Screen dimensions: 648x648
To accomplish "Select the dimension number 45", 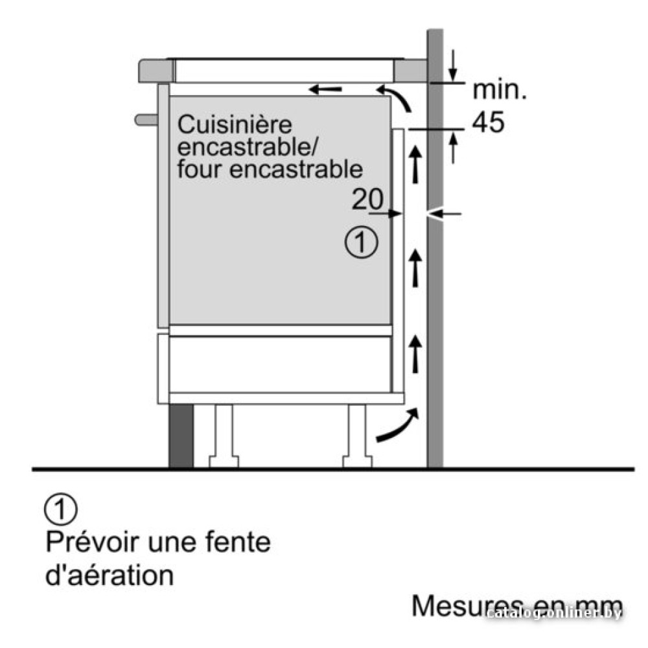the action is [489, 122].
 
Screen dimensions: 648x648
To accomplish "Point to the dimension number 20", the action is [367, 199].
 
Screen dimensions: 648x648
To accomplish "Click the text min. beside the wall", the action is [500, 90].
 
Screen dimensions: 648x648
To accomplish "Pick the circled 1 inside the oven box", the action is [361, 242].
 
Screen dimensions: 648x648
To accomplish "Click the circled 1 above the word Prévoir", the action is [61, 509].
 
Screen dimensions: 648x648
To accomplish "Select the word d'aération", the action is [110, 575].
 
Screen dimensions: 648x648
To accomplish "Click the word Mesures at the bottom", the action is [459, 607].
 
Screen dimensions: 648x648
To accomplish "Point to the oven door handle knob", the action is [146, 119].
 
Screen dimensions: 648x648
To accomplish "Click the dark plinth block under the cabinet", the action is [181, 436].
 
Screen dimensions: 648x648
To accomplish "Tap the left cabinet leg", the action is [224, 436].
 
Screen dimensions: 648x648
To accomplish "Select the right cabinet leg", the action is [357, 436].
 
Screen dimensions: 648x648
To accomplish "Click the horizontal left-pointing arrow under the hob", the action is [325, 89].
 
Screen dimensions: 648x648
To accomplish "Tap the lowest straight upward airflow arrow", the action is [415, 354].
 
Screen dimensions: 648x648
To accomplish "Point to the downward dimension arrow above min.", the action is [454, 65].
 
